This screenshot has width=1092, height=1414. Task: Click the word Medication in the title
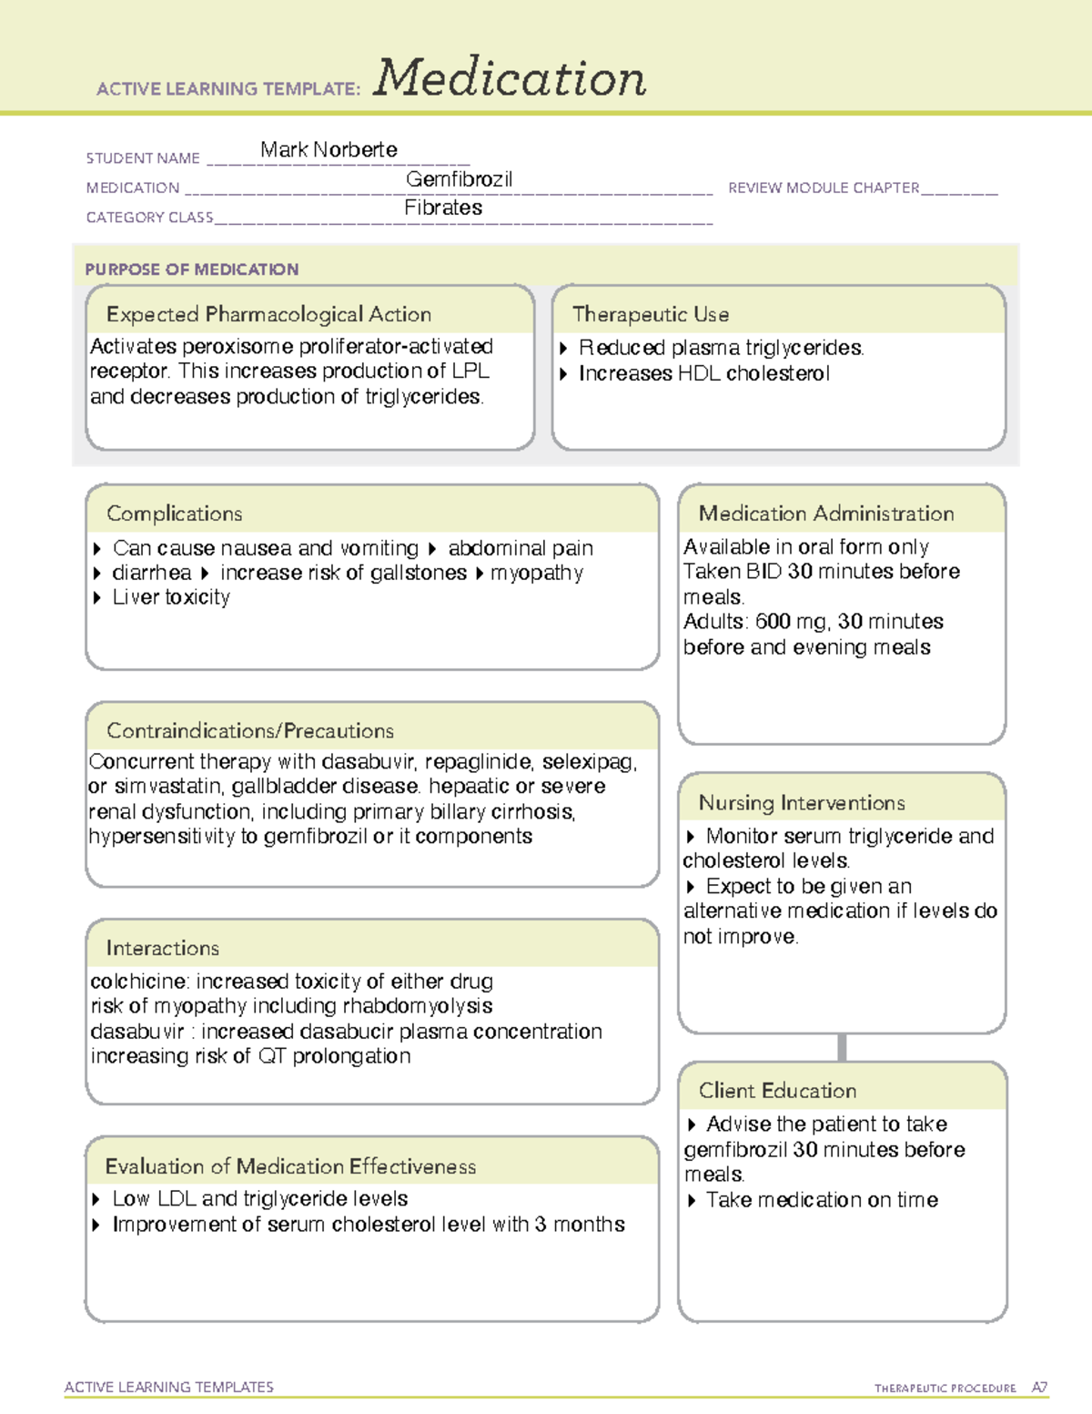[x=510, y=78]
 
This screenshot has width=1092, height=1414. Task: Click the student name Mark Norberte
[x=329, y=149]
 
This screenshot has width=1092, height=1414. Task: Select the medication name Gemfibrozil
[x=459, y=179]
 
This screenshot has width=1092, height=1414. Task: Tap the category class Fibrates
[x=443, y=208]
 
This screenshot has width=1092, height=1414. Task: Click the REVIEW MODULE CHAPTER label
[x=823, y=188]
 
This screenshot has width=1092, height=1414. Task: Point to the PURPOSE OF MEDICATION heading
[x=192, y=270]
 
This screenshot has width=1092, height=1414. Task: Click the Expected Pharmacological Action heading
[x=268, y=314]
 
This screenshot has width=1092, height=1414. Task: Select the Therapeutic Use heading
[x=650, y=314]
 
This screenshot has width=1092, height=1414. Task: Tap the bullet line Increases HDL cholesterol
[x=703, y=373]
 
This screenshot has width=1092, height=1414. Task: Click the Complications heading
[x=174, y=514]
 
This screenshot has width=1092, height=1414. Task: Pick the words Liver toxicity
[x=171, y=597]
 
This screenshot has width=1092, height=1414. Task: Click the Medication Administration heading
[x=825, y=514]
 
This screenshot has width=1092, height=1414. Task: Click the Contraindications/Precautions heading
[x=249, y=731]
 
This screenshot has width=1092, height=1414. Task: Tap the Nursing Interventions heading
[x=801, y=803]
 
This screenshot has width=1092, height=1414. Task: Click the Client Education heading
[x=777, y=1091]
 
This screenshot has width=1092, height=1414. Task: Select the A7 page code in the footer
[x=1039, y=1388]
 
